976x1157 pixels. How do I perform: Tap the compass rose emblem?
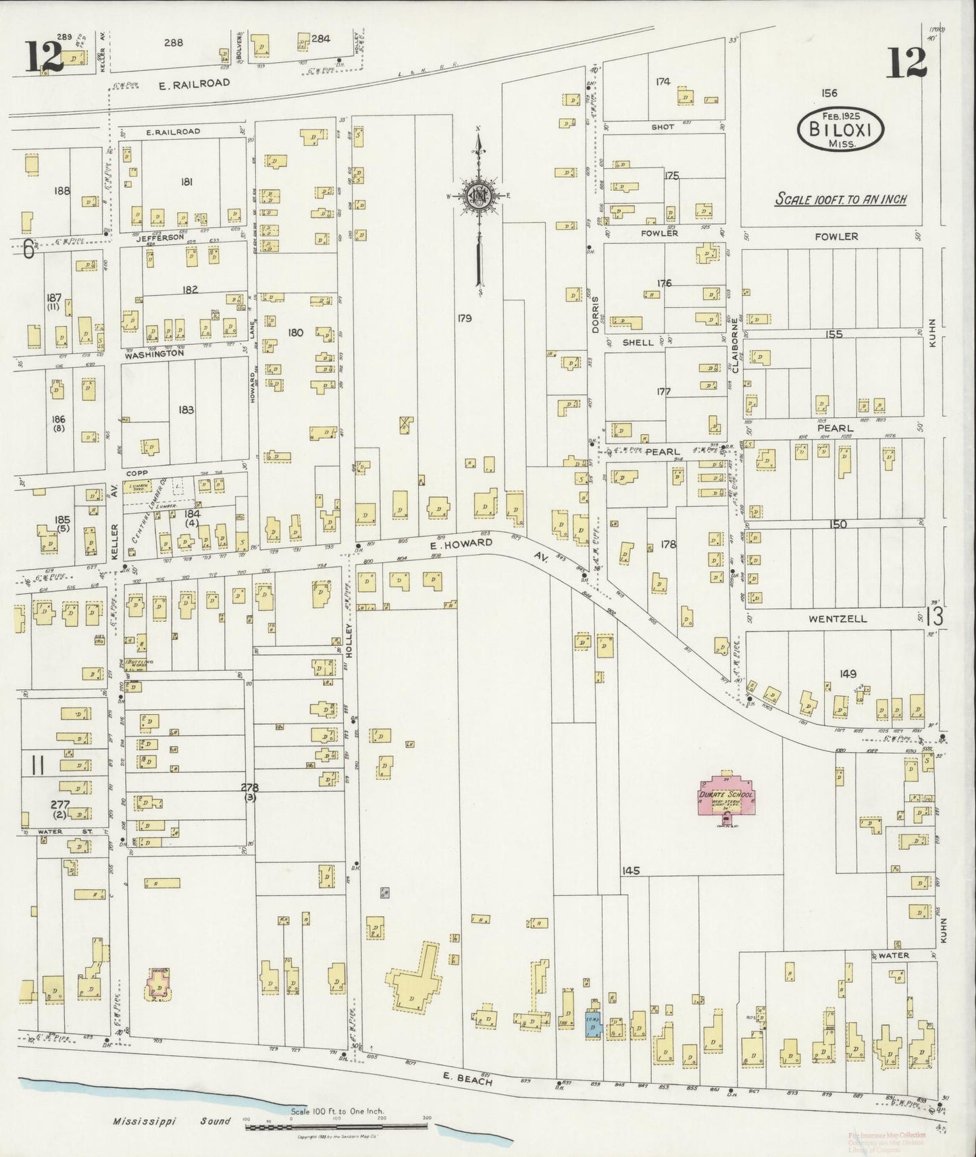pos(479,196)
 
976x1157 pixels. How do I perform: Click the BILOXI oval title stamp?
pos(841,131)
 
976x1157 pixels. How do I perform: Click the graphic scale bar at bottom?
pos(338,1127)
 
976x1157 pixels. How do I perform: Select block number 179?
pos(463,318)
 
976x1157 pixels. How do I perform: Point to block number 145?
pos(631,871)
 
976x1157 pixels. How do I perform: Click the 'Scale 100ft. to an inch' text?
pos(840,200)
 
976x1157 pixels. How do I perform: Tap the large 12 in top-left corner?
pos(44,58)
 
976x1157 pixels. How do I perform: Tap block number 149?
pos(848,673)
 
